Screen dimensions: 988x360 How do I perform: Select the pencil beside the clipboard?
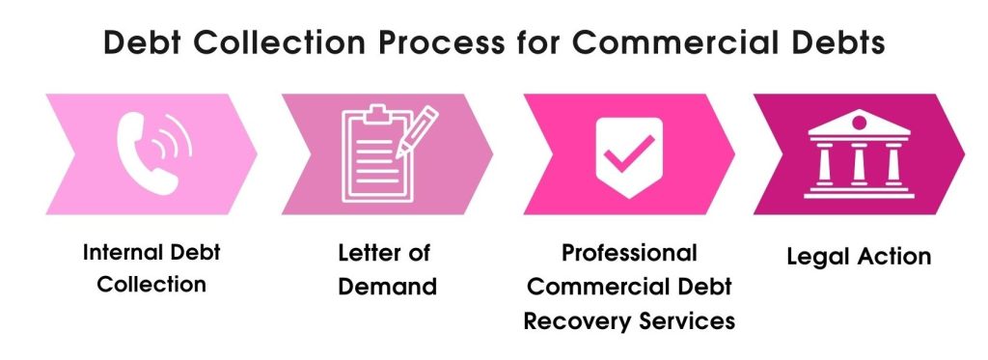click(x=417, y=131)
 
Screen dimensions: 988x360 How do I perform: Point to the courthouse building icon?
click(x=859, y=153)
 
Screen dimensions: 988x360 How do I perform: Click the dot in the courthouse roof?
click(x=859, y=123)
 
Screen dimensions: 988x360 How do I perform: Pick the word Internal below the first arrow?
click(x=117, y=253)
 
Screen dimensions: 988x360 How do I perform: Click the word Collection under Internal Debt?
click(x=151, y=285)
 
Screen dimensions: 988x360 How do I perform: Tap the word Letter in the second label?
click(x=368, y=253)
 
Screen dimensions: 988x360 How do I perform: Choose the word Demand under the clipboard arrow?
click(x=387, y=287)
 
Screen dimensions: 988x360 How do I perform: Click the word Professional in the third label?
click(x=629, y=253)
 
